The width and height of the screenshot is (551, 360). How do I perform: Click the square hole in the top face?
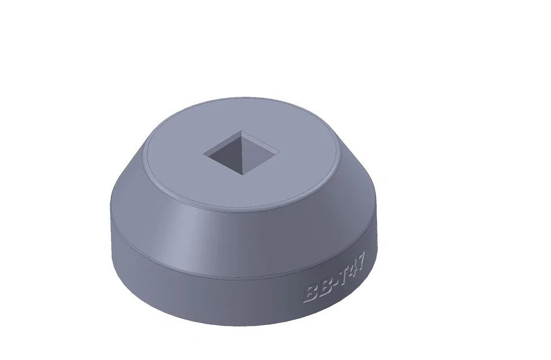[241, 152]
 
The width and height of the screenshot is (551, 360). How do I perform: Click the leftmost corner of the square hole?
[203, 153]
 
